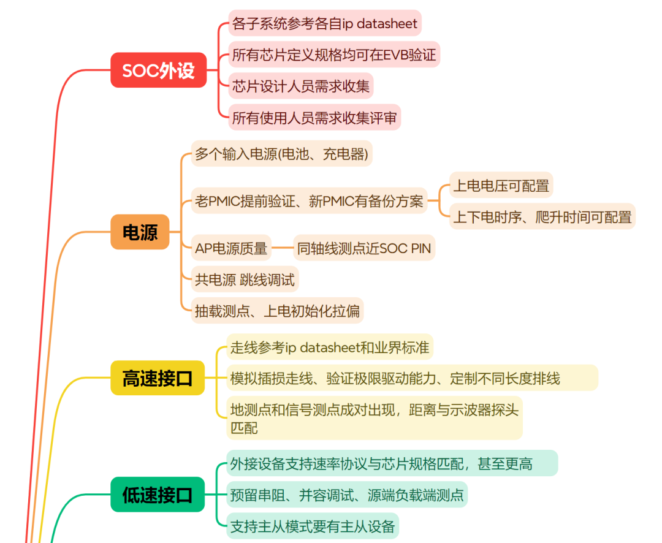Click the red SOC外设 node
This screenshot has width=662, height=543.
tap(158, 70)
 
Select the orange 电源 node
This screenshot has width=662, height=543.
tap(140, 232)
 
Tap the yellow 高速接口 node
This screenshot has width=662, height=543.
tap(157, 378)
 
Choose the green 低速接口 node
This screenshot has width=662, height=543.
tap(157, 495)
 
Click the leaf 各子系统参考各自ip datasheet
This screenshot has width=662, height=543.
tap(325, 24)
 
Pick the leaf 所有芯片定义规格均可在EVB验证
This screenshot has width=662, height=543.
tap(334, 55)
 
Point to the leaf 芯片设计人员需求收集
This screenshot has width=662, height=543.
tap(301, 86)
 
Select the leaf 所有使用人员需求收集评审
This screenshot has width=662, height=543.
tap(314, 118)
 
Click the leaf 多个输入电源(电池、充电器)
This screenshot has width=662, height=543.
tap(281, 154)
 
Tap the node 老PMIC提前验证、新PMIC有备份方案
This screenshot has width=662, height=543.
tap(309, 201)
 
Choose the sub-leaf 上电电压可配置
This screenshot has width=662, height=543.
tap(501, 185)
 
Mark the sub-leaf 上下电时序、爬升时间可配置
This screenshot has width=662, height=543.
tap(542, 217)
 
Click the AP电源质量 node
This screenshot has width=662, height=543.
tap(231, 248)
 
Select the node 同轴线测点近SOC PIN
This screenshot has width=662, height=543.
tap(364, 248)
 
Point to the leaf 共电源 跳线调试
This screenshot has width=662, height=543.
tap(245, 280)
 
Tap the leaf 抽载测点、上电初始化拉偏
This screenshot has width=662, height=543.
tap(277, 311)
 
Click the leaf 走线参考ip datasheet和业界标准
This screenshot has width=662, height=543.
tap(330, 347)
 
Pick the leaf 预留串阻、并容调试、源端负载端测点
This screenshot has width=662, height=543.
tap(347, 495)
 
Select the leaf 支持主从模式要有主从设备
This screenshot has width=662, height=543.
tap(313, 526)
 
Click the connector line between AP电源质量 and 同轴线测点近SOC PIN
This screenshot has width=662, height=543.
tap(282, 248)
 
